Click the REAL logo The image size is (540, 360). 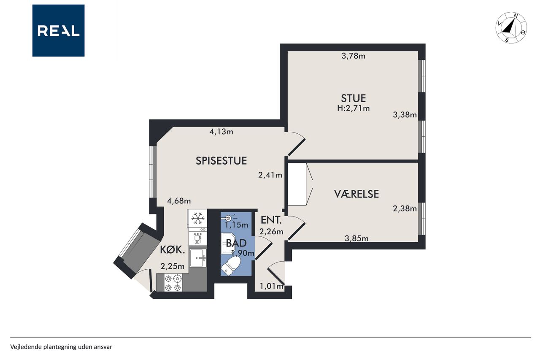tap(58, 31)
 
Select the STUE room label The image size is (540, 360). tap(354, 98)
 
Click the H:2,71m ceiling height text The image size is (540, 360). tap(354, 108)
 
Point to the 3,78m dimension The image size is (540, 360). tap(354, 56)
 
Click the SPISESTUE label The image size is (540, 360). tap(221, 161)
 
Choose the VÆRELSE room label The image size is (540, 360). tap(356, 194)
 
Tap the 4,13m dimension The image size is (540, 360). tap(221, 132)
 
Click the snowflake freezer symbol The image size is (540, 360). tap(198, 219)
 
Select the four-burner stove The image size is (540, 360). tap(173, 283)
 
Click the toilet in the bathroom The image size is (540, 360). tap(231, 265)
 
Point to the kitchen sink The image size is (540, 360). tap(198, 258)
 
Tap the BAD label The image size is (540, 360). tap(236, 243)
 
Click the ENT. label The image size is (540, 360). tap(271, 220)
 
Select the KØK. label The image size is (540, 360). tap(173, 250)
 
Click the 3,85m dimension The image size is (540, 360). tap(356, 238)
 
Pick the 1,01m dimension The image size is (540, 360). tap(271, 286)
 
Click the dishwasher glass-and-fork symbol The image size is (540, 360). tap(198, 239)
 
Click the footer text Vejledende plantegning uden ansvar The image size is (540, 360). tap(61, 347)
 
